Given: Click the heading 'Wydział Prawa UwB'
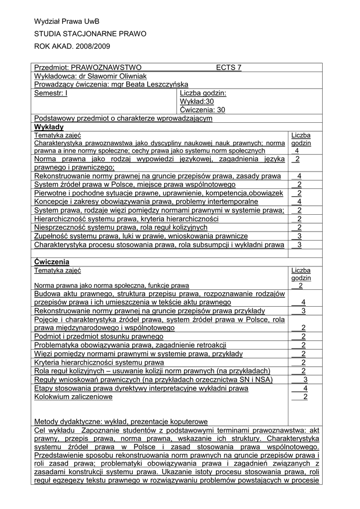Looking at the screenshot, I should [67, 21].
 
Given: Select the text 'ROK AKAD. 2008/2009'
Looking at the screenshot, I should [72, 46].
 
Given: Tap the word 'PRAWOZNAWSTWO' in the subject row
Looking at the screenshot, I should [106, 68].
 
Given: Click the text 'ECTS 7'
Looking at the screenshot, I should [229, 68].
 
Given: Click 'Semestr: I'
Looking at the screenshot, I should [51, 93].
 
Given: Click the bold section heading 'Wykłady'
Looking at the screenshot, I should [47, 127].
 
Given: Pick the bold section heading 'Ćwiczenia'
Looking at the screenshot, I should [52, 261].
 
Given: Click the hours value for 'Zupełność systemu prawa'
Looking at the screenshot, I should [299, 236].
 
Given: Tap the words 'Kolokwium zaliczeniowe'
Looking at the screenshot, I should [73, 397].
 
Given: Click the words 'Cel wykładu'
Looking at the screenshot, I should [55, 430].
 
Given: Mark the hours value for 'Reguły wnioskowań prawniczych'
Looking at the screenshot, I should [305, 380].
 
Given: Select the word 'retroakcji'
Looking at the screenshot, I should [211, 345].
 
